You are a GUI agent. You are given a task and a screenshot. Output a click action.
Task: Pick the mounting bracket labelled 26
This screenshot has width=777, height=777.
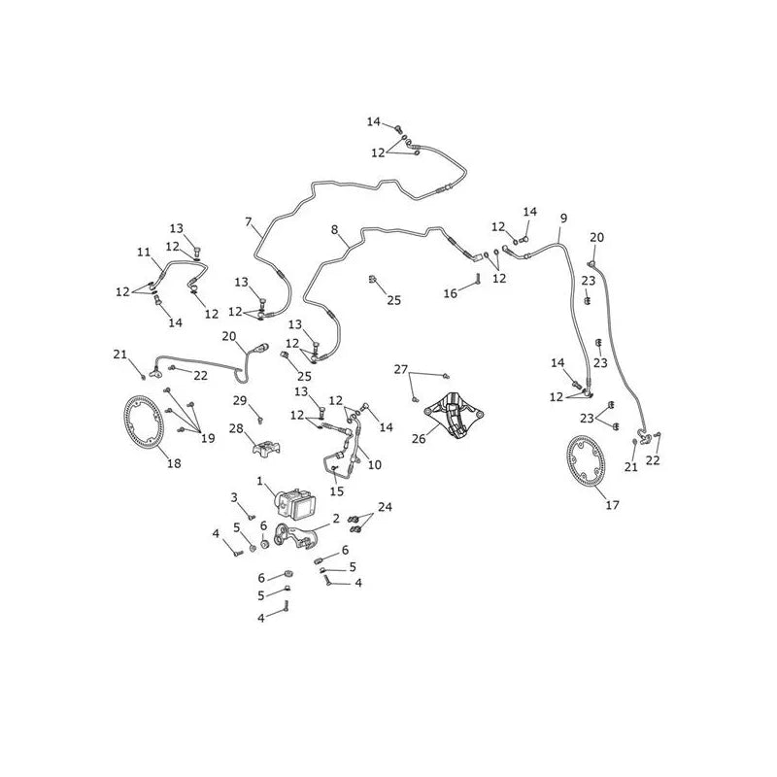click(454, 415)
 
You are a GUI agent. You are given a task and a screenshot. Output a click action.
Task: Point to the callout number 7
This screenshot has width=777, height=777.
click(249, 221)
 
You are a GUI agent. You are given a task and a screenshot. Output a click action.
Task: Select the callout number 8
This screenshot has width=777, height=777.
click(334, 229)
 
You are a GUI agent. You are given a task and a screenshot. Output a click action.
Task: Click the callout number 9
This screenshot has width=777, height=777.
click(563, 218)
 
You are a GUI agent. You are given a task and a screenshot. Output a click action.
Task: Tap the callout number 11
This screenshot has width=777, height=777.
click(144, 253)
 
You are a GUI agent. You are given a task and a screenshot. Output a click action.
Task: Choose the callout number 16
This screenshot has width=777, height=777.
click(450, 293)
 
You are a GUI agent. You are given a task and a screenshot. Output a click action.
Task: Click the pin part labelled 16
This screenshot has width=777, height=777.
click(479, 279)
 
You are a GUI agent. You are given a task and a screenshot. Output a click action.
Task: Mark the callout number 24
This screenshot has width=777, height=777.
click(385, 507)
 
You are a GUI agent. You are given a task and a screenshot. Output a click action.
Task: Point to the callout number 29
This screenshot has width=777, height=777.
click(240, 400)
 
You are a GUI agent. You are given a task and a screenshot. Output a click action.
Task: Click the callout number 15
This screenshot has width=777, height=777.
click(336, 491)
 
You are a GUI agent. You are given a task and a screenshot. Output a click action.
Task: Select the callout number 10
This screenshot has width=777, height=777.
click(375, 465)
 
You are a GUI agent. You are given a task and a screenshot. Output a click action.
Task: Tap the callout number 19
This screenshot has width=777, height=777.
click(208, 438)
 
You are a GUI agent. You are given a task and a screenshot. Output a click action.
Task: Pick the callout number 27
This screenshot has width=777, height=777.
click(401, 369)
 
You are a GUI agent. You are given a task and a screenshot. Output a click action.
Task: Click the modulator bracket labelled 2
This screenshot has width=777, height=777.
click(295, 538)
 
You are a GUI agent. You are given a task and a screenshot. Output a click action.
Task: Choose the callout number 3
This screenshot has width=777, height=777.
click(234, 497)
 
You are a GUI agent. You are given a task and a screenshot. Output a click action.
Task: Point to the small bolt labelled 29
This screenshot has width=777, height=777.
click(260, 422)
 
